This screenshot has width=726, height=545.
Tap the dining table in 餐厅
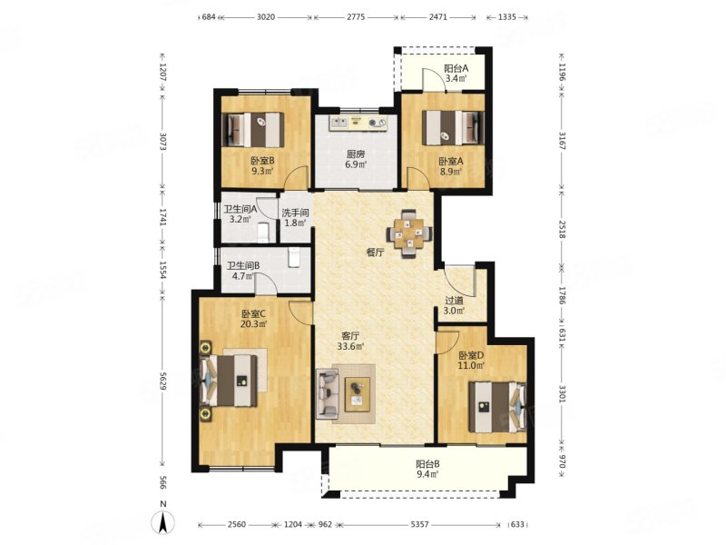pyautogui.click(x=409, y=233)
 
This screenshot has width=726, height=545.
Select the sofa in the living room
pyautogui.click(x=328, y=394)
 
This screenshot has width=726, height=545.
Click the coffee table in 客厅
pyautogui.click(x=358, y=394)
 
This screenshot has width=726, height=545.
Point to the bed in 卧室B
pyautogui.click(x=254, y=129)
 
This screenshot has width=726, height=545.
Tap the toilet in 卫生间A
pyautogui.click(x=263, y=232)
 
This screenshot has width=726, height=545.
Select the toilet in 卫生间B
pyautogui.click(x=294, y=258)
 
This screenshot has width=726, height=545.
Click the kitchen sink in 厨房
pyautogui.click(x=338, y=123)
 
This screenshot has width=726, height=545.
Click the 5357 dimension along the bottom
pyautogui.click(x=419, y=525)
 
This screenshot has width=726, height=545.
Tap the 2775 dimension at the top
pyautogui.click(x=356, y=17)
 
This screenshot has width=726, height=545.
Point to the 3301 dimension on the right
pyautogui.click(x=562, y=394)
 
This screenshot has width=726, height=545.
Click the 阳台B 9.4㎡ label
pyautogui.click(x=427, y=469)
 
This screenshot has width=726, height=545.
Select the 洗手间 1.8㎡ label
pyautogui.click(x=296, y=218)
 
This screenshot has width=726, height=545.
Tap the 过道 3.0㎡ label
pyautogui.click(x=454, y=305)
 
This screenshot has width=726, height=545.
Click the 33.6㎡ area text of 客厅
pyautogui.click(x=350, y=346)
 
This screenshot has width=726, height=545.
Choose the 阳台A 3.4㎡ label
pyautogui.click(x=456, y=73)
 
